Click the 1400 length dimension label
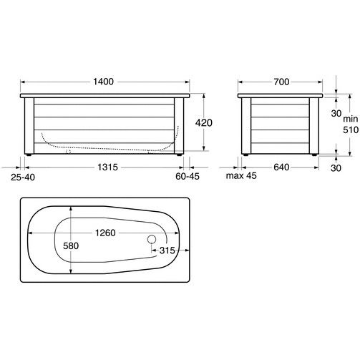coord(103,82)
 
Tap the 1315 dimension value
coord(107,167)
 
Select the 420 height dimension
coord(204,123)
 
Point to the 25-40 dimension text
coord(23,177)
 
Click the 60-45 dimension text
coord(188,176)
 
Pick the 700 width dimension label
coord(281,82)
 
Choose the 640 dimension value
coord(281,167)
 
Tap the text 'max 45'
coord(241,176)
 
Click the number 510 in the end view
coord(351,130)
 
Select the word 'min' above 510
coord(351,119)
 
